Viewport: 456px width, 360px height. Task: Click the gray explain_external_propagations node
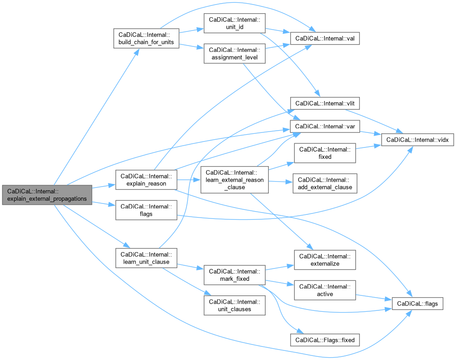(47, 195)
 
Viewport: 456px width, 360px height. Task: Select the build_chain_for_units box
(146, 38)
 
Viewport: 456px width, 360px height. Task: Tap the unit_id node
(235, 23)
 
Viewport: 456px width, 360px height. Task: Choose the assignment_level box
(235, 53)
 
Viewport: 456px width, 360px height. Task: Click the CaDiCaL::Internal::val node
(325, 38)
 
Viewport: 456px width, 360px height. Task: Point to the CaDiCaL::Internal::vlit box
(325, 103)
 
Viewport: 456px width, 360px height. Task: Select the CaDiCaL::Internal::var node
(325, 127)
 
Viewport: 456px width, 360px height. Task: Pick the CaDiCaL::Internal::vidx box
(417, 140)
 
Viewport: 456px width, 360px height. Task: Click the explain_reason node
(146, 180)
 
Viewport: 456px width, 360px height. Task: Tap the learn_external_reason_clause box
(235, 180)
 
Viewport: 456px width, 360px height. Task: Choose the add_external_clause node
(325, 183)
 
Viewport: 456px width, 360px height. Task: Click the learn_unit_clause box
(146, 258)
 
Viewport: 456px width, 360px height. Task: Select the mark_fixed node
(235, 275)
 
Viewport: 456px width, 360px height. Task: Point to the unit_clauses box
(235, 305)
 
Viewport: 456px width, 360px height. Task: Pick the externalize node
(325, 260)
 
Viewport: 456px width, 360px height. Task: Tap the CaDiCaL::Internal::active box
(325, 290)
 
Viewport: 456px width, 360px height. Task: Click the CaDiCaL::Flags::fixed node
(325, 340)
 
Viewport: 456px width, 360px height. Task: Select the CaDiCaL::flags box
(417, 304)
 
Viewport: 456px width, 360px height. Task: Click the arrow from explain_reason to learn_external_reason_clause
(189, 180)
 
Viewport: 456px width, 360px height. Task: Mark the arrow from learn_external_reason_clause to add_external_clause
(281, 182)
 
